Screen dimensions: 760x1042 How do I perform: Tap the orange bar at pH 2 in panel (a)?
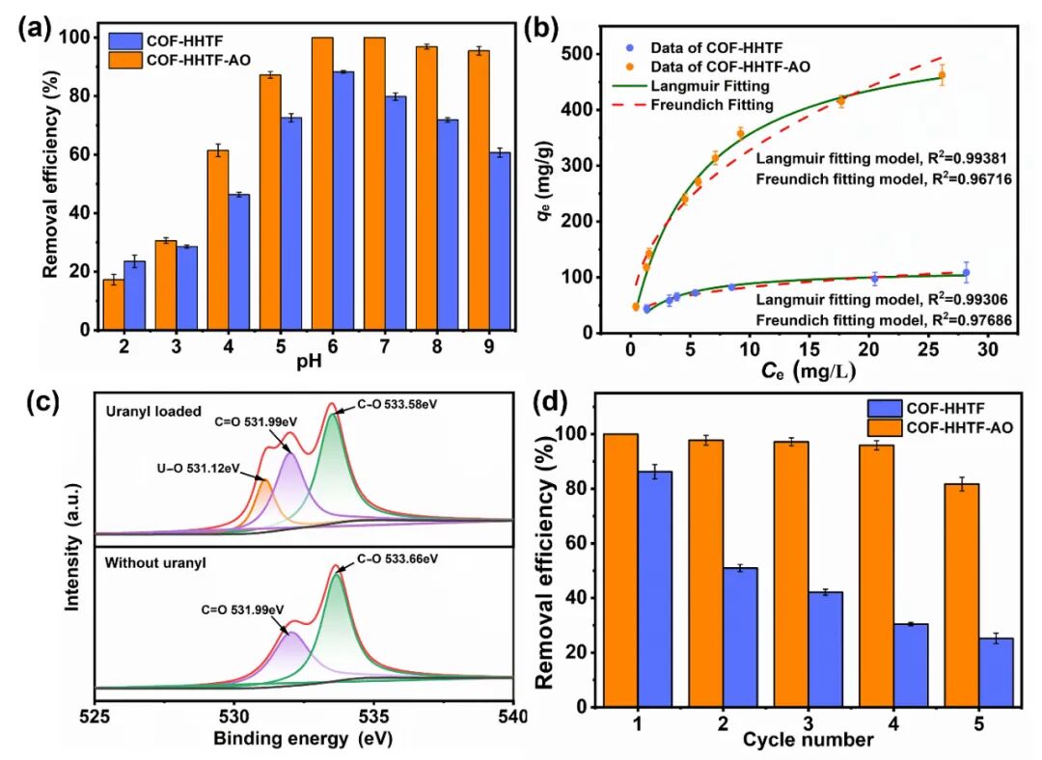[114, 305]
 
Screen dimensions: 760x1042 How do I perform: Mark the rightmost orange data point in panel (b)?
[942, 75]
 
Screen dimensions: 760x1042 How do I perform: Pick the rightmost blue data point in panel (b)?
[966, 273]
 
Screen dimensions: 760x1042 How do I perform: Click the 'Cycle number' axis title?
[809, 740]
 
